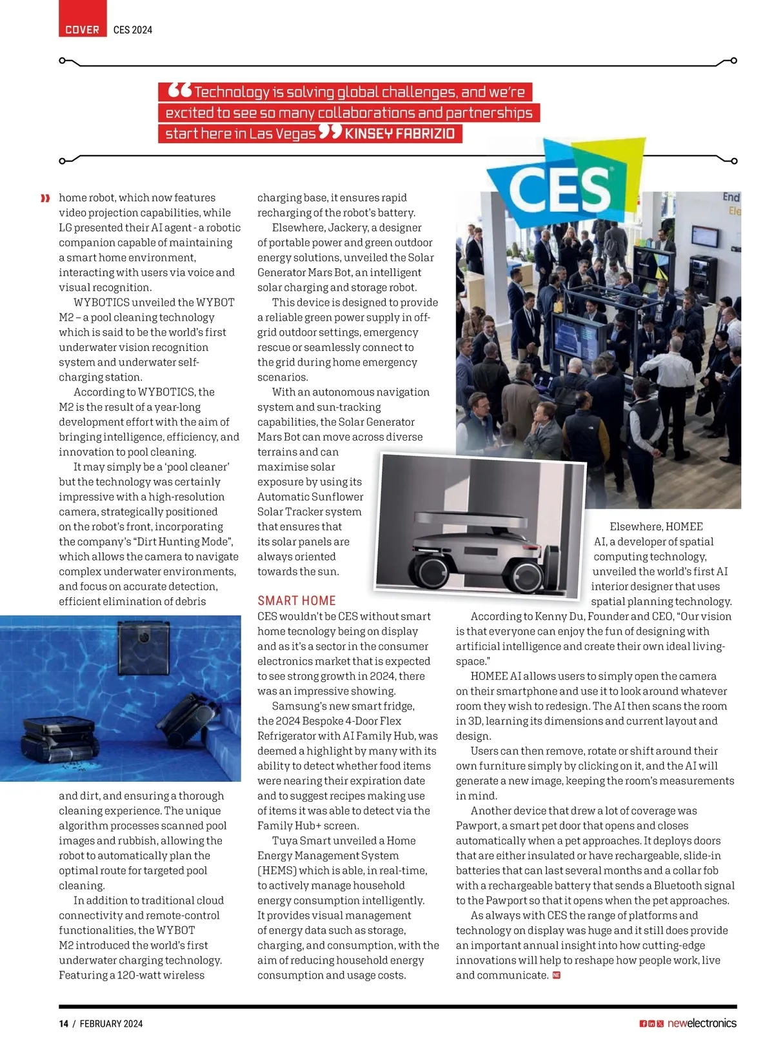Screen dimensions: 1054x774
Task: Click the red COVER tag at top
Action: pos(82,30)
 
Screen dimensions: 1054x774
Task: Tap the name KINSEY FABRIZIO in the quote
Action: pos(399,134)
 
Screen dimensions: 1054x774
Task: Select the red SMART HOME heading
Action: pos(296,601)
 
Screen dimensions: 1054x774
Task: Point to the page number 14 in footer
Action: pos(63,1024)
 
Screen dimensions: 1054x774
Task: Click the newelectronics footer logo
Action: pos(701,1023)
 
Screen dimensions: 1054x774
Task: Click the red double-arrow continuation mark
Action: pos(45,198)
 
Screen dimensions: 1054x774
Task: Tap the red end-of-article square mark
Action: pos(557,975)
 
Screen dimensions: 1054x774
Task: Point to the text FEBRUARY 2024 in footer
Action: pos(111,1024)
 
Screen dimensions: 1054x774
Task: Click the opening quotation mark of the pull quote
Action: pos(179,90)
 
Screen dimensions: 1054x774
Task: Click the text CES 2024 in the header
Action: pos(132,30)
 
